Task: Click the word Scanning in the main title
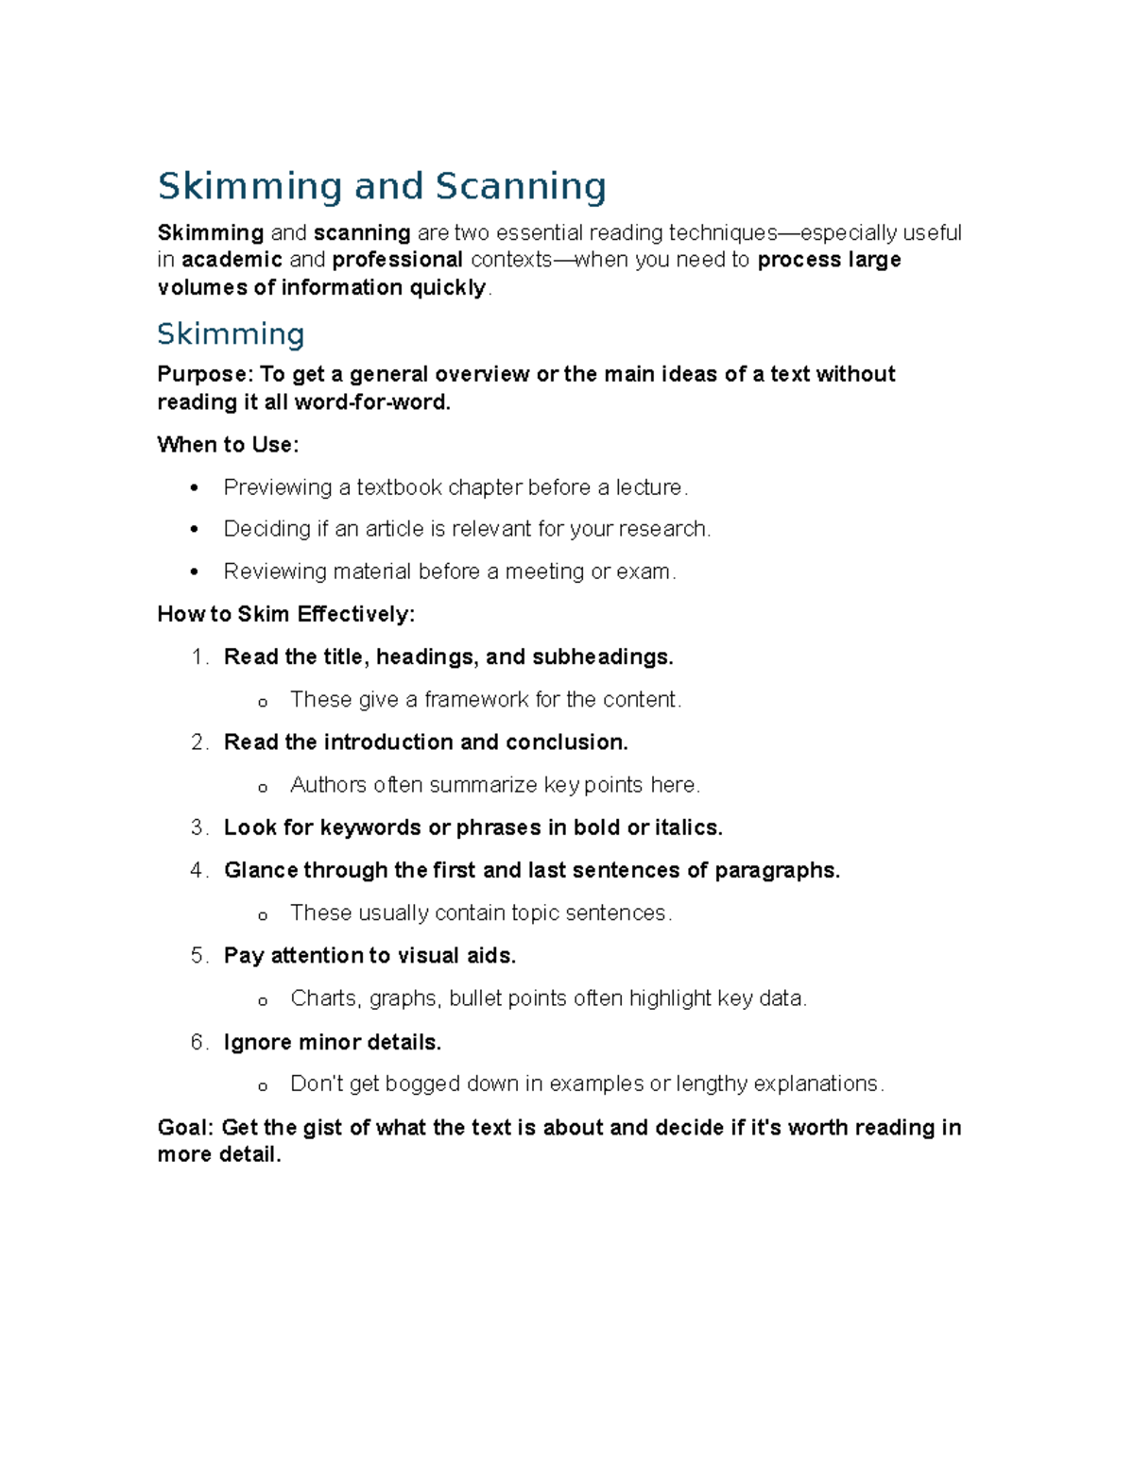[x=520, y=186]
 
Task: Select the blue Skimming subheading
[x=231, y=334]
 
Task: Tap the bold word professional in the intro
[x=397, y=260]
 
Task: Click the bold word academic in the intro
[x=232, y=260]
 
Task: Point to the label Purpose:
[x=205, y=374]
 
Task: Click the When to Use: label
[x=228, y=444]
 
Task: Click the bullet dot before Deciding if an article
[x=194, y=530]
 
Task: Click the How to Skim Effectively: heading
[x=285, y=614]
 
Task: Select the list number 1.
[x=198, y=657]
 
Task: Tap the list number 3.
[x=198, y=827]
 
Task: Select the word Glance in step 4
[x=261, y=870]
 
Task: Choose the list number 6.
[x=198, y=1042]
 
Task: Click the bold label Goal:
[x=186, y=1127]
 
